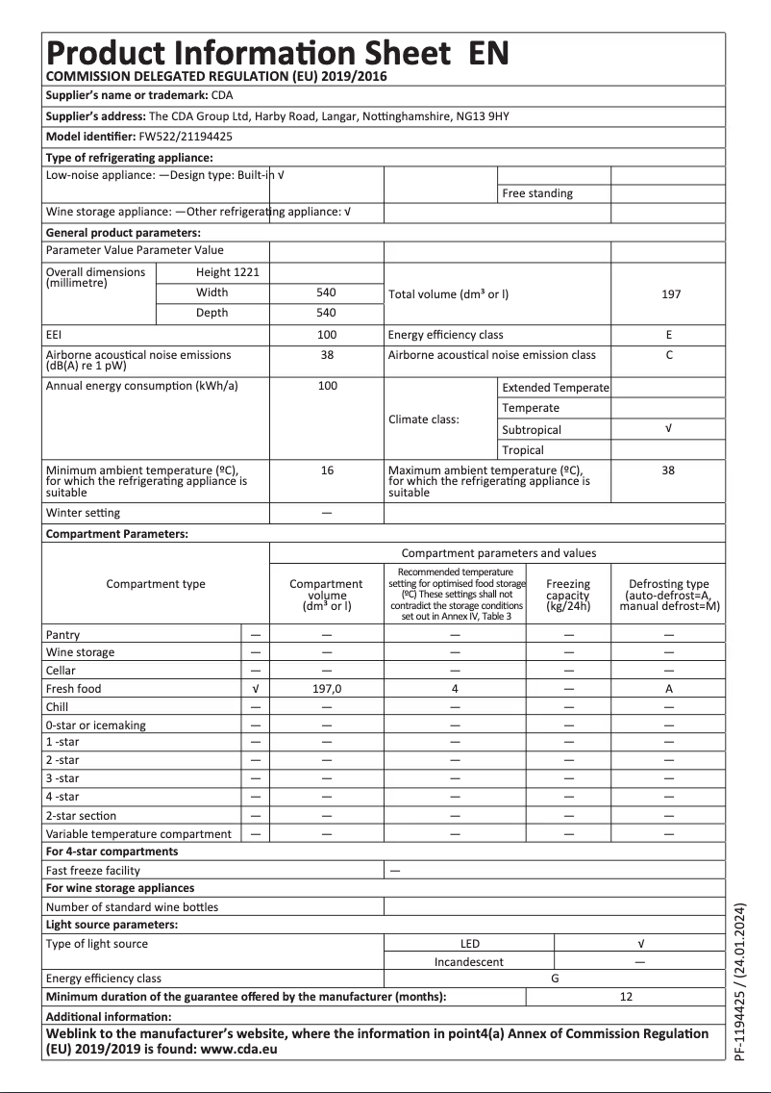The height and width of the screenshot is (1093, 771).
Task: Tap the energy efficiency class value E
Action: pyautogui.click(x=668, y=335)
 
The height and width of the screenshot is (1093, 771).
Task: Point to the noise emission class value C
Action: pyautogui.click(x=668, y=355)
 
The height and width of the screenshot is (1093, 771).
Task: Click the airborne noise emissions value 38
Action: pyautogui.click(x=327, y=355)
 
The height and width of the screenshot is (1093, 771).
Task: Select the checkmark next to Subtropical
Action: pyautogui.click(x=668, y=429)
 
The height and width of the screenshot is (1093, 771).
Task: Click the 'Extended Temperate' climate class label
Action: pyautogui.click(x=555, y=388)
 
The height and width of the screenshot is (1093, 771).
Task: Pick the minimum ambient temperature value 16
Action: pyautogui.click(x=327, y=470)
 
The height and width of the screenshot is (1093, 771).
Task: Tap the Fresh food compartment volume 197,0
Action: pyautogui.click(x=327, y=689)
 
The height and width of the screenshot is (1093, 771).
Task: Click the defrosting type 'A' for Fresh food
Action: pyautogui.click(x=668, y=689)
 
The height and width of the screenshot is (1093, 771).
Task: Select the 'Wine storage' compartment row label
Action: pyautogui.click(x=80, y=652)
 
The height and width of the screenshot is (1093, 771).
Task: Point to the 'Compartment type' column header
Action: pyautogui.click(x=155, y=584)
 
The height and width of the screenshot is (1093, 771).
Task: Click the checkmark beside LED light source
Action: pyautogui.click(x=639, y=944)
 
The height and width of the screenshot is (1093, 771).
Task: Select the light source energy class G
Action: pyautogui.click(x=554, y=979)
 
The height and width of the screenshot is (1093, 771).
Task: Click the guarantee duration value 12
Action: pyautogui.click(x=626, y=997)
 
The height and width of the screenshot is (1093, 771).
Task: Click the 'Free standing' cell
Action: pyautogui.click(x=536, y=193)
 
